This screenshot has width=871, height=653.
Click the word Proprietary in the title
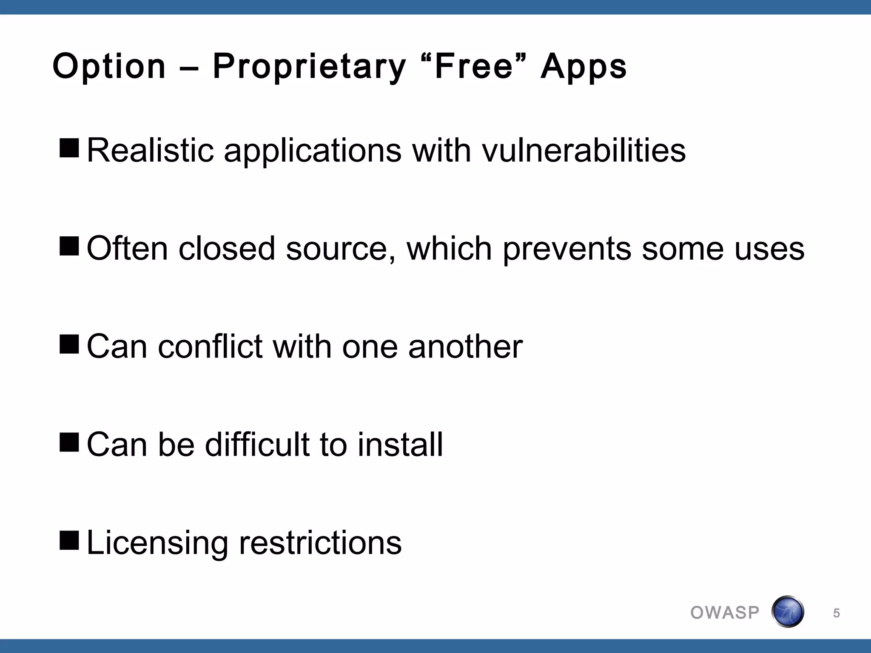[x=309, y=67]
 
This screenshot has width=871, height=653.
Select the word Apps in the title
[x=584, y=67]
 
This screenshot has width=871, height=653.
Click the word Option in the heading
[x=109, y=67]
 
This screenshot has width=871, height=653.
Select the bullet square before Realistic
[x=69, y=148]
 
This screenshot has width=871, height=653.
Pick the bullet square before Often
[x=69, y=246]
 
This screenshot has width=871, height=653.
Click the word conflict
[x=210, y=346]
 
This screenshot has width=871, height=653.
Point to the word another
[x=465, y=346]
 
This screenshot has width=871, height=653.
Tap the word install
[x=400, y=445]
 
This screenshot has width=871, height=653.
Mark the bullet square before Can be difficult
[x=69, y=442]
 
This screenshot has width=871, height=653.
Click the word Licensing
[x=157, y=543]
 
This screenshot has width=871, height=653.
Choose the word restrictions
[x=320, y=542]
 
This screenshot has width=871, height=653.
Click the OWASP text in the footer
[x=725, y=613]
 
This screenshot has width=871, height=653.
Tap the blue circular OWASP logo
[x=787, y=612]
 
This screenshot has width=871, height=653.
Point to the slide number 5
[x=836, y=613]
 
